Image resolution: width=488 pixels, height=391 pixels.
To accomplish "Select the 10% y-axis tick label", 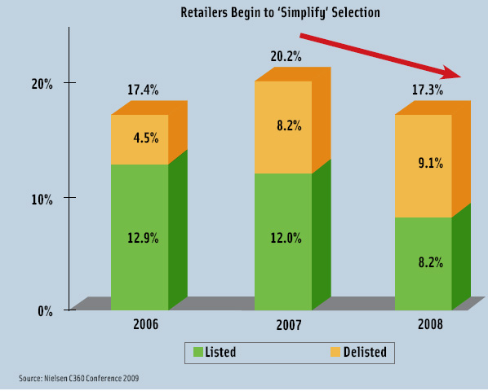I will tap(42, 198).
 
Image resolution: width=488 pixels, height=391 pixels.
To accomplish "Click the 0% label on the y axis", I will tap(44, 310).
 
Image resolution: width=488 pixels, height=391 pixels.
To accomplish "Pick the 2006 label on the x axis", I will tap(145, 323).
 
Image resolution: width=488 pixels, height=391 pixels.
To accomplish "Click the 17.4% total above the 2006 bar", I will tap(143, 89).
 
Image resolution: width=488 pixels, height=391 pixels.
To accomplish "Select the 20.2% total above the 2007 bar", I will tap(286, 56).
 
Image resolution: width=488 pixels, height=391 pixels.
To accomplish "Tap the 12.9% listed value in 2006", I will tap(143, 238).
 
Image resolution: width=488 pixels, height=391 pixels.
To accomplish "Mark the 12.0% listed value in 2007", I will tap(286, 238).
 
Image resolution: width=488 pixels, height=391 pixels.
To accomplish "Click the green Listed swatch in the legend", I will tap(197, 353).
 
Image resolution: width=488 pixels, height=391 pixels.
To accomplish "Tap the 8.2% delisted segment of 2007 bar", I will tap(286, 126).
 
